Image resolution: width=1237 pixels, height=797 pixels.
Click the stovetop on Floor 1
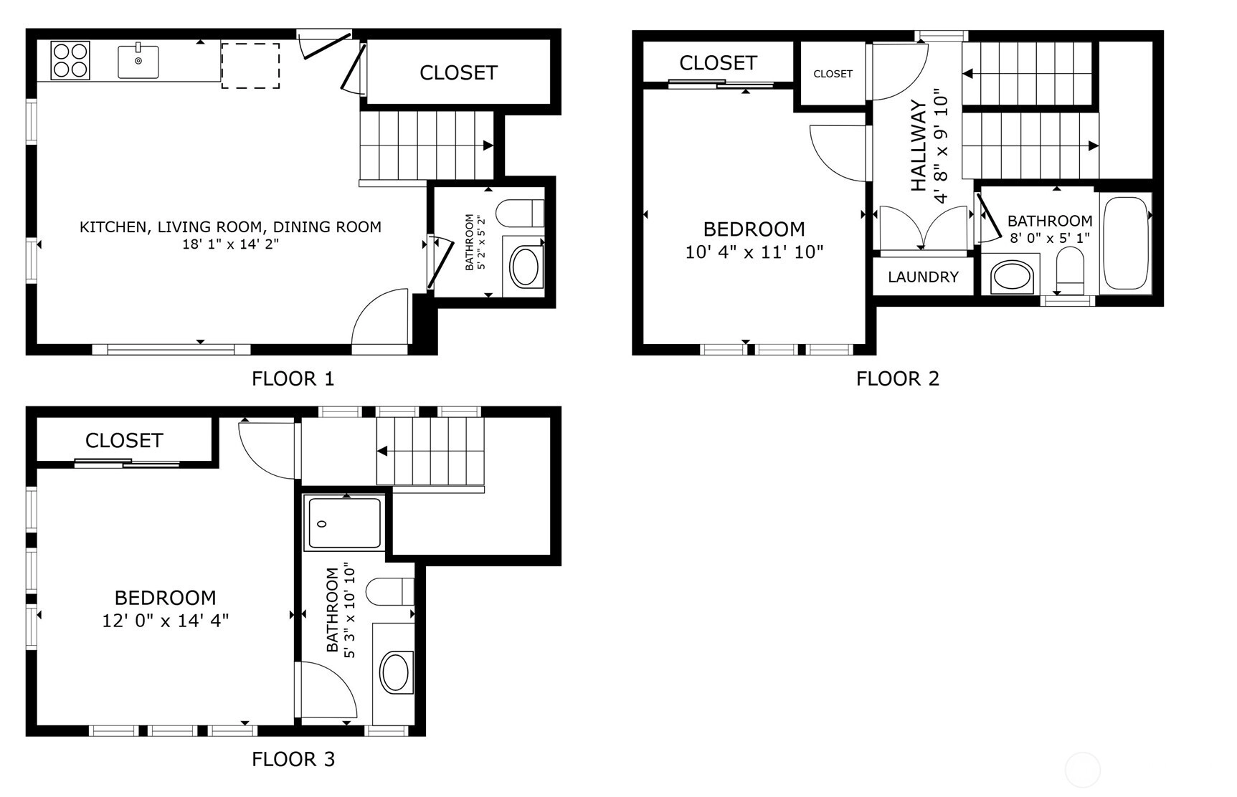click(70, 60)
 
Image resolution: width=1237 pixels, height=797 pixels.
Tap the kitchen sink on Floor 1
click(138, 61)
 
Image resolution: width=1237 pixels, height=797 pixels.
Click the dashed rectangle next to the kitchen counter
click(250, 65)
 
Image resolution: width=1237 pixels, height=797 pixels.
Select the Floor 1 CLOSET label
click(458, 72)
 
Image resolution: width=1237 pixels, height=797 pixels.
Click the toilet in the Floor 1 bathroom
click(520, 213)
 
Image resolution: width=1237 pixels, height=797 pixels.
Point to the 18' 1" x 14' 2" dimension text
click(230, 244)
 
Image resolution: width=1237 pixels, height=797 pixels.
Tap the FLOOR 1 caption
click(293, 378)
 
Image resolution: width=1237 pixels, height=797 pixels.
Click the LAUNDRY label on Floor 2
click(923, 277)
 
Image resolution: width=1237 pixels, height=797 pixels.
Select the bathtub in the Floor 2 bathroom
click(1126, 243)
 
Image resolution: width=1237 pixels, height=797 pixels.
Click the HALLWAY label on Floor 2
click(919, 145)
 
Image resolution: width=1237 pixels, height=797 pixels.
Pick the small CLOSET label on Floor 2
click(833, 74)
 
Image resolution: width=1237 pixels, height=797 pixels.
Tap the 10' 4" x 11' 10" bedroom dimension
click(754, 252)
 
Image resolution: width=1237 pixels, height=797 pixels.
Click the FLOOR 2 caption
click(898, 378)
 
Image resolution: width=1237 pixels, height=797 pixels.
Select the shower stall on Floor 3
click(343, 523)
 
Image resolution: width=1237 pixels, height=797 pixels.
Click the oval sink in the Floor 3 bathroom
click(396, 672)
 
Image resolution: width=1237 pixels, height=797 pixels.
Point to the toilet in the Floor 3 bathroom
click(390, 591)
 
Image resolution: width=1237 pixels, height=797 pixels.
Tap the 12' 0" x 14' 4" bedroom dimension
click(166, 621)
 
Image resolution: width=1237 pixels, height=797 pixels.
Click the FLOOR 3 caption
click(293, 759)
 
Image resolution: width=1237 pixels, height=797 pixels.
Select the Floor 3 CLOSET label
click(124, 440)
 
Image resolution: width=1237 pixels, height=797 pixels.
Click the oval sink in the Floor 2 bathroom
click(1013, 277)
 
